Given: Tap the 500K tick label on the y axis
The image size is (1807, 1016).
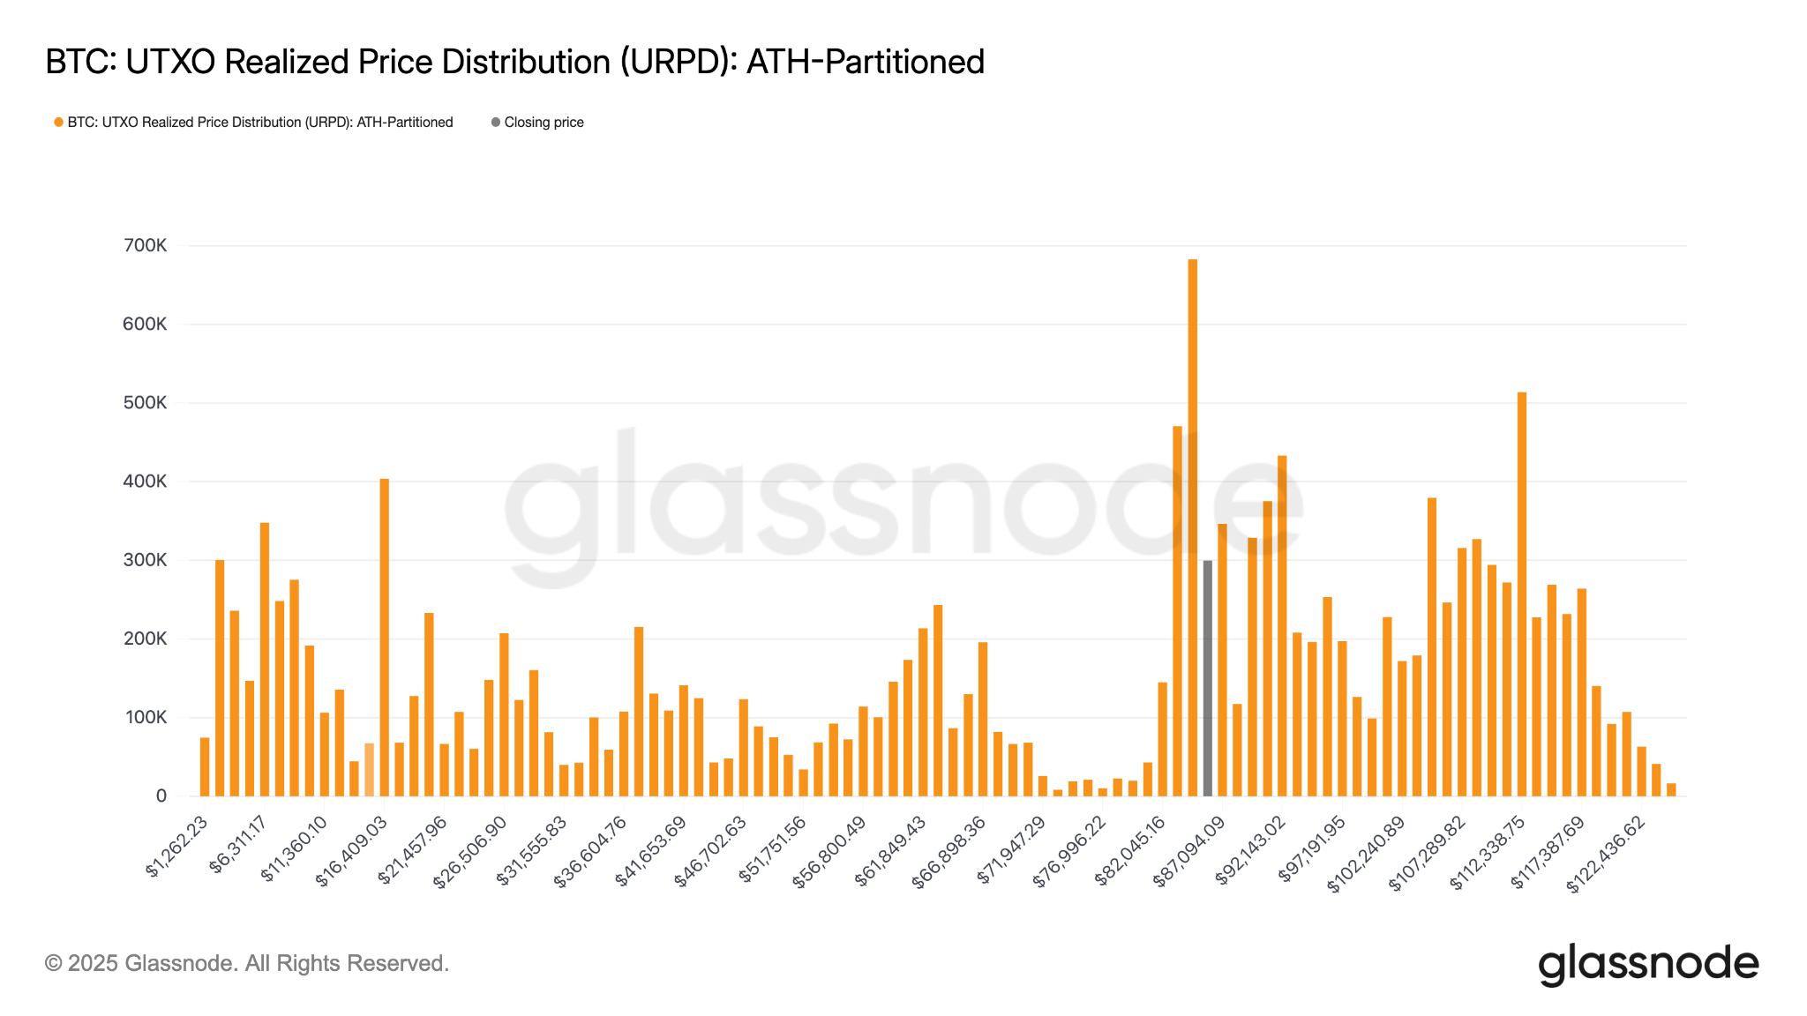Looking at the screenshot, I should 145,403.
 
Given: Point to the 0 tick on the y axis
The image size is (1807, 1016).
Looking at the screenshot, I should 161,796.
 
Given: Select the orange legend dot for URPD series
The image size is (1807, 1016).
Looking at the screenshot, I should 58,123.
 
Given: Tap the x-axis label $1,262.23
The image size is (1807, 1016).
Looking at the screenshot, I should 177,847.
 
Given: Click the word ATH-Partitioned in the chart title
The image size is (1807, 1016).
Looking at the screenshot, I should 865,62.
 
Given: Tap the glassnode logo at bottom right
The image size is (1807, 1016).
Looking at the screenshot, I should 1647,964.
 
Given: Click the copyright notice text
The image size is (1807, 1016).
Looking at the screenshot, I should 247,963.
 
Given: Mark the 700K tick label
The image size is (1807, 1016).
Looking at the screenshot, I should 145,246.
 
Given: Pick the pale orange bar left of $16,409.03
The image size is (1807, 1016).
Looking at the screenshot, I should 369,769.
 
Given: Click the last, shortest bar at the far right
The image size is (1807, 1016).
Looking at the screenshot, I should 1670,789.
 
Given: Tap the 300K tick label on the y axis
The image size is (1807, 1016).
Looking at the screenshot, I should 145,560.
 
